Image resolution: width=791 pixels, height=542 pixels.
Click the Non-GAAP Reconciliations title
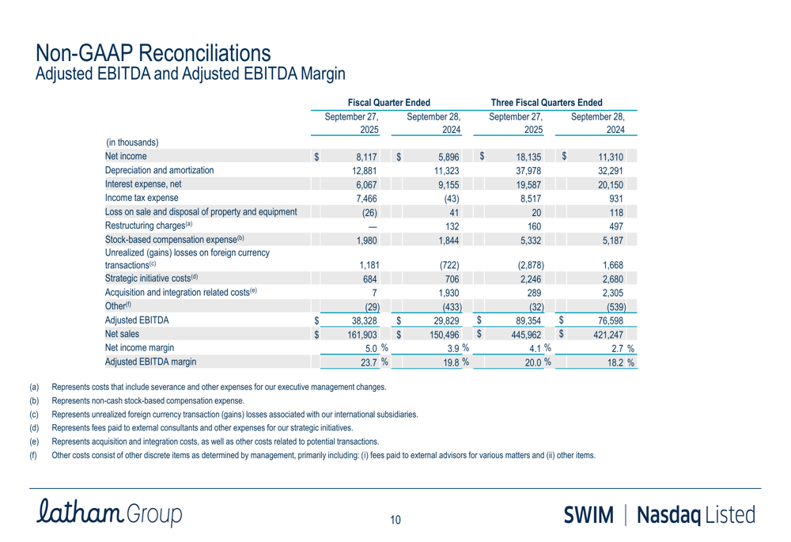153,53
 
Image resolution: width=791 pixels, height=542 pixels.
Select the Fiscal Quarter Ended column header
388,103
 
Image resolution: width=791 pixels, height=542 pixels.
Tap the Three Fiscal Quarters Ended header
547,103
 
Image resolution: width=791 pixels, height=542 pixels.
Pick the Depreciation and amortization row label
159,170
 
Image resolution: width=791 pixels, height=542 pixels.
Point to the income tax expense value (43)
452,199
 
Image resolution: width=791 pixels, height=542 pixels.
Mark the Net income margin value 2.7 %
619,348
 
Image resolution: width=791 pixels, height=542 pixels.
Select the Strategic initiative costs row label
151,278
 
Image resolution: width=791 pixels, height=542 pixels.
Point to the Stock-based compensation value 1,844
447,241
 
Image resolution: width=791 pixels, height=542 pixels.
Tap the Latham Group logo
109,514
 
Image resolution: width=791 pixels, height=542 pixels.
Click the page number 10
395,520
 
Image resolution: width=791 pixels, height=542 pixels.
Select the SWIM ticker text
589,514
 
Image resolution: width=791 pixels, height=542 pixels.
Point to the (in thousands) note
132,143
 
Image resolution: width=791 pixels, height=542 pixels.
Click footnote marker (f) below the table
34,455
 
